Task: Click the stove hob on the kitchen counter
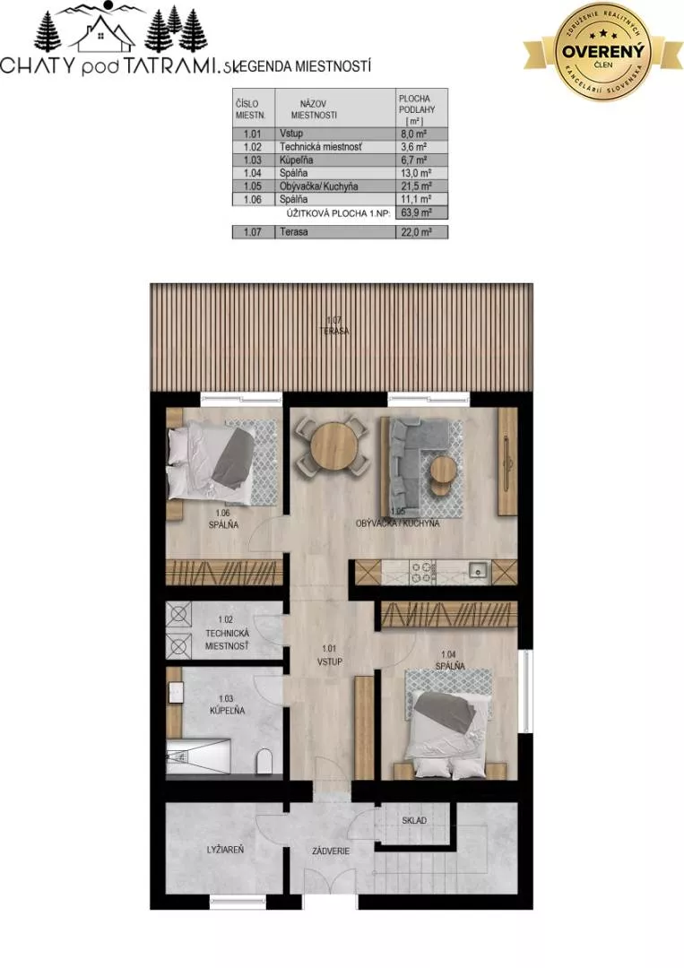(421, 571)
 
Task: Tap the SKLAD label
(413, 820)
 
